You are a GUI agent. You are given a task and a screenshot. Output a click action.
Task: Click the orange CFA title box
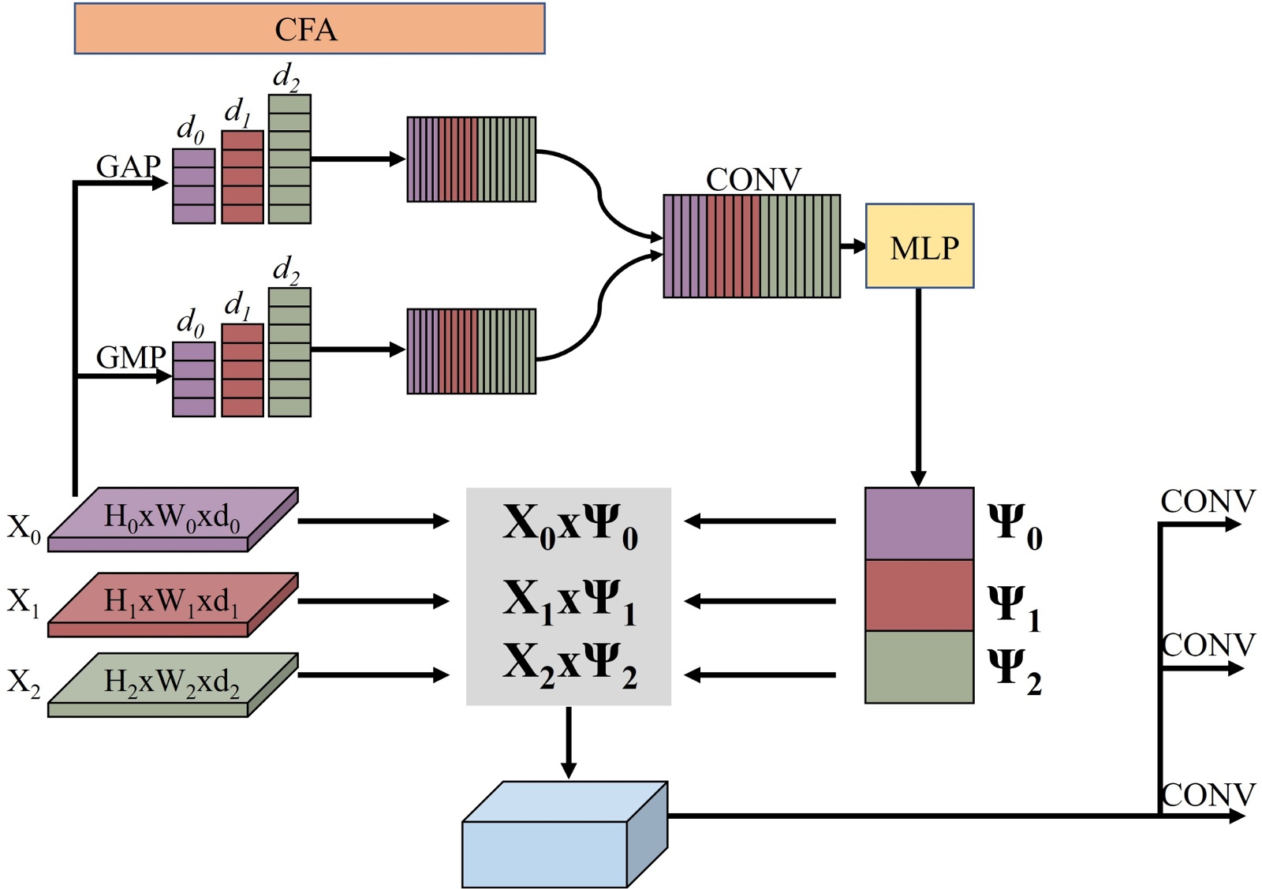(309, 29)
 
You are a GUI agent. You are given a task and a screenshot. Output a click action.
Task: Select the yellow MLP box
(920, 246)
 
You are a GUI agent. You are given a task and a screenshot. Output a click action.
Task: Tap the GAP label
(128, 166)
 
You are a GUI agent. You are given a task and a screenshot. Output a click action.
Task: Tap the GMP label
(130, 357)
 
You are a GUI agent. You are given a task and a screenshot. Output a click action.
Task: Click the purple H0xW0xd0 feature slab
(172, 518)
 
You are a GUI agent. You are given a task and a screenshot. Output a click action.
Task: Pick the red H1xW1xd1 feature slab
(172, 603)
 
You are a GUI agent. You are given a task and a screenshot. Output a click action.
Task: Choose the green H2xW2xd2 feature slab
(172, 683)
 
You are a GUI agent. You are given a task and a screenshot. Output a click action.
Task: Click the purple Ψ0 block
(919, 524)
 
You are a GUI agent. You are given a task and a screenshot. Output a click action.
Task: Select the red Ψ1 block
(919, 596)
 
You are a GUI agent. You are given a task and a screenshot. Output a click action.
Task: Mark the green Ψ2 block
(919, 667)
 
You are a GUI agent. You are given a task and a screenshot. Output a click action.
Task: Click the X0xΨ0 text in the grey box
(569, 525)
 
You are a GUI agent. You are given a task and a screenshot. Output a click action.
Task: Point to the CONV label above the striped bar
(753, 180)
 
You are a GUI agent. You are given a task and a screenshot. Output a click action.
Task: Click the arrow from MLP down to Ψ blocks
(918, 387)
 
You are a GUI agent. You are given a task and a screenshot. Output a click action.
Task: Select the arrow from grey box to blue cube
(568, 741)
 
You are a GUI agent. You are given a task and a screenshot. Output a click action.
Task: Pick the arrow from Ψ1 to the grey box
(760, 601)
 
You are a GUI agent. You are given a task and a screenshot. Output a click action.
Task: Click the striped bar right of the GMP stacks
(472, 351)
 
